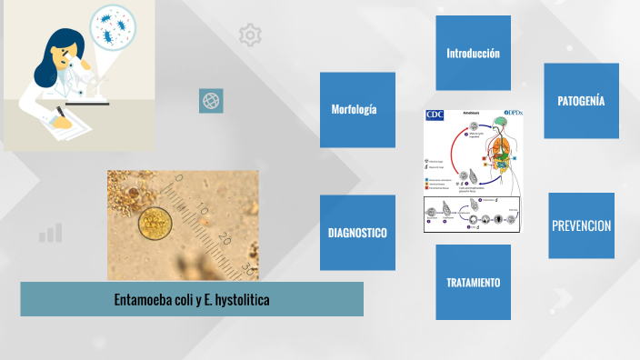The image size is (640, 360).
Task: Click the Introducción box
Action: (x=473, y=53)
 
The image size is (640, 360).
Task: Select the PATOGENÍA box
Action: (x=581, y=100)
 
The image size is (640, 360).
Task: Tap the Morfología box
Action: (x=357, y=109)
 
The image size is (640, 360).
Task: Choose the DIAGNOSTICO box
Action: (x=357, y=233)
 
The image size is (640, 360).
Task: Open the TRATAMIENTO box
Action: (x=473, y=282)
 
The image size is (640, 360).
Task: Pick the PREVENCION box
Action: (x=581, y=225)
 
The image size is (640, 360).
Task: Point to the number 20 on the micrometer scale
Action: (x=225, y=239)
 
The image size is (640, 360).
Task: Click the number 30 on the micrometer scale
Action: (x=246, y=267)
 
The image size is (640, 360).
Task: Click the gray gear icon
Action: (x=249, y=35)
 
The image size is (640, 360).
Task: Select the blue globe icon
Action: (x=211, y=101)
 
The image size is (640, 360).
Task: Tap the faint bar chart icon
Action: (x=50, y=233)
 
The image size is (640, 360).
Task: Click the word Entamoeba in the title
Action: (x=146, y=299)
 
